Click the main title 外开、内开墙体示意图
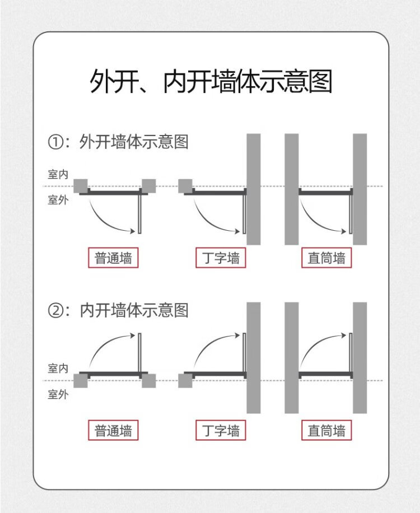211,81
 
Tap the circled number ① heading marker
55,142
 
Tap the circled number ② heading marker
55,310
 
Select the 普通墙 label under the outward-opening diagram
113,258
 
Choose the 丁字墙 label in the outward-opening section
221,258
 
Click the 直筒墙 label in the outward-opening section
326,258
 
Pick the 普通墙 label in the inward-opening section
113,430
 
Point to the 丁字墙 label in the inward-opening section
221,430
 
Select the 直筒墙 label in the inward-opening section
326,430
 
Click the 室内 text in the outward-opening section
58,174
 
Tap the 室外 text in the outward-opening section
58,199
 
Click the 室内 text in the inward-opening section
58,369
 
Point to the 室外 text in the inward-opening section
58,394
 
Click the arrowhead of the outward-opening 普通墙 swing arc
133,231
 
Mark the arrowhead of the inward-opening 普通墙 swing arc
133,335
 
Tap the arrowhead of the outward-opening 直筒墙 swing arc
343,231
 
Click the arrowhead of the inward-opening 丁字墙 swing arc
237,335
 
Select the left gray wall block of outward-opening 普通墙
81,186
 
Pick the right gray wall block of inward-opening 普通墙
149,381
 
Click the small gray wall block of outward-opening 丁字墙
185,186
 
